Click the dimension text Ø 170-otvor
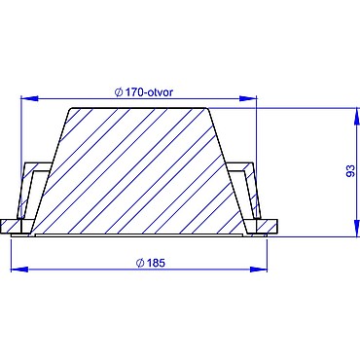(144, 92)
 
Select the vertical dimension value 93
(350, 171)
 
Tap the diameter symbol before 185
(140, 263)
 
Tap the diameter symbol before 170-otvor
(119, 92)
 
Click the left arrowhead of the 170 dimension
(29, 98)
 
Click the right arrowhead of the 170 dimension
(248, 98)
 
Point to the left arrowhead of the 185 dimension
(19, 269)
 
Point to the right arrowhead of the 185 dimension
(259, 269)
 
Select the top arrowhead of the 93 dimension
(358, 116)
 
